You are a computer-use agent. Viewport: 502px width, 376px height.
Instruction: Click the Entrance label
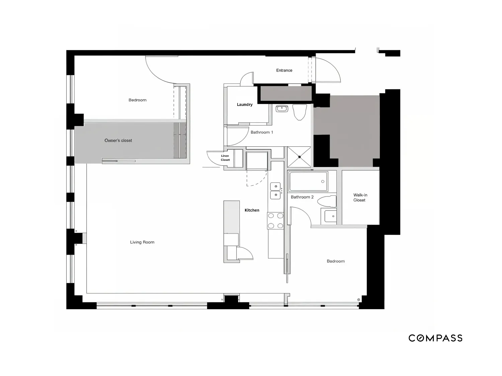(284, 70)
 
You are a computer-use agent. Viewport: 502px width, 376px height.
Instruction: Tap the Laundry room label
(245, 105)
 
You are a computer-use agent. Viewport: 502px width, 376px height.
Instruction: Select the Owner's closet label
(118, 140)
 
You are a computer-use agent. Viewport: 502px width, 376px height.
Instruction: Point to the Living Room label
(142, 242)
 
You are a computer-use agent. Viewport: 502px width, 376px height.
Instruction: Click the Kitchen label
(252, 210)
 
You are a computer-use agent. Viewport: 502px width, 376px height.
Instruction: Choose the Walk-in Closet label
(360, 198)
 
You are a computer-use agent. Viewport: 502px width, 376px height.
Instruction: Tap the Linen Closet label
(225, 158)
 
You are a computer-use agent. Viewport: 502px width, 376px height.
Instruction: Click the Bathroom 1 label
(262, 132)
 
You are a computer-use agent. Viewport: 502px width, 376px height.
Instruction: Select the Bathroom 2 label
(302, 197)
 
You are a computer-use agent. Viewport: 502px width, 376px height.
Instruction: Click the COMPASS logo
(435, 338)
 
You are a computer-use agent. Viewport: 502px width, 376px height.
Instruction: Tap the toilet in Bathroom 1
(300, 112)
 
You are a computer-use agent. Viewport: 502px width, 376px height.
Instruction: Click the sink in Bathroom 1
(282, 108)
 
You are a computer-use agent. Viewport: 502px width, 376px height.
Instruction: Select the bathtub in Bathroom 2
(308, 181)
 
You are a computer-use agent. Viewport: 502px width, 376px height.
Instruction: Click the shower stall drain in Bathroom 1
(300, 157)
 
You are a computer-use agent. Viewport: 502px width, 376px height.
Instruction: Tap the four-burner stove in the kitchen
(275, 221)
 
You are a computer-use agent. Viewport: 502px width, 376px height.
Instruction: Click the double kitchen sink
(275, 191)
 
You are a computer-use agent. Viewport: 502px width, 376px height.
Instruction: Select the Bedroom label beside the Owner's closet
(138, 100)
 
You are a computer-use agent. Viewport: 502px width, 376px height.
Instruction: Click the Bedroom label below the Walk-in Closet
(336, 261)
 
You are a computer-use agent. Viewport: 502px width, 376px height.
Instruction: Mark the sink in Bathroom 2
(330, 216)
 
